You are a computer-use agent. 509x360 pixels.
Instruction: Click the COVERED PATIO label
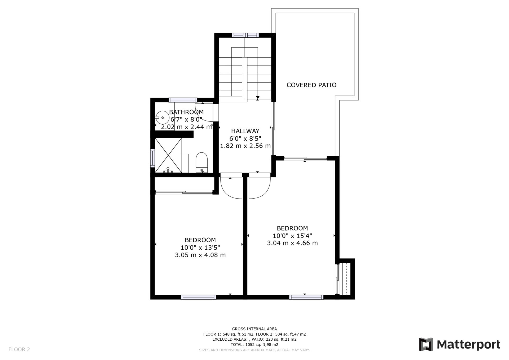[x=311, y=85]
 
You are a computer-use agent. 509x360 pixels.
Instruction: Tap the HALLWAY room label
[x=245, y=131]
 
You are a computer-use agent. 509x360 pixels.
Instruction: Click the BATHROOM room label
[x=186, y=112]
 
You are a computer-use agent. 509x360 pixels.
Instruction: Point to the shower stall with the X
[x=168, y=155]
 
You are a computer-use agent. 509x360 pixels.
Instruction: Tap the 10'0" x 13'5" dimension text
[x=200, y=248]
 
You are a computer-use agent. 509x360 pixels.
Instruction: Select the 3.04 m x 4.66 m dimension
[x=292, y=243]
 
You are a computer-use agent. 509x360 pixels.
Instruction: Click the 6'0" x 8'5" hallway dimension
[x=245, y=138]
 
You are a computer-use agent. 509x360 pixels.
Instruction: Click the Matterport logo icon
[x=426, y=344]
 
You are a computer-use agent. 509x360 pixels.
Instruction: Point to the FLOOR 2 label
[x=19, y=349]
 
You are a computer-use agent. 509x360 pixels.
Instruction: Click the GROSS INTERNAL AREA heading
[x=254, y=329]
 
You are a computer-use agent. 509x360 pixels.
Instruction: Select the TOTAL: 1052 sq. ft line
[x=254, y=345]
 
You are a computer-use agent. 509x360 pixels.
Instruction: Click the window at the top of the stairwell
[x=245, y=35]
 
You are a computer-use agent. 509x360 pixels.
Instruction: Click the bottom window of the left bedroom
[x=199, y=297]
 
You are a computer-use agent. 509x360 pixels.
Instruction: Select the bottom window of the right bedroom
[x=306, y=297]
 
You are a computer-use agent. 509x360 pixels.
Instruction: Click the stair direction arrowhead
[x=258, y=98]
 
